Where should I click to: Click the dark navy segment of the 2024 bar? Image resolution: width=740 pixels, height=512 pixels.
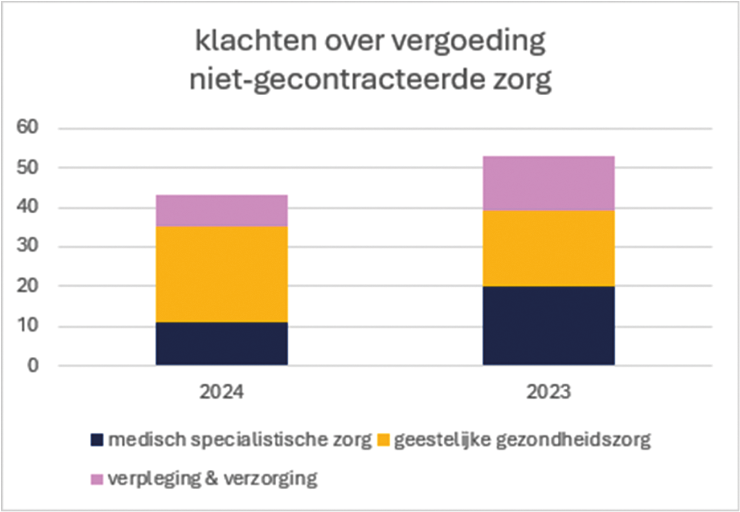(221, 343)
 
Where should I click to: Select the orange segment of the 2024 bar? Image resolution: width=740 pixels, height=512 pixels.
(221, 274)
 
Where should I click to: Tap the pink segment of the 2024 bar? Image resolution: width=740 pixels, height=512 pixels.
(221, 210)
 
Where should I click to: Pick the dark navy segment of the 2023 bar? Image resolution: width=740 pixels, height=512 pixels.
(548, 325)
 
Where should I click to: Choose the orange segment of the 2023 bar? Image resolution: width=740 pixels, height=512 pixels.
(548, 248)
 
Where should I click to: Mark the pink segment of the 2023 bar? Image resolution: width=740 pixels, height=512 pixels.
(548, 183)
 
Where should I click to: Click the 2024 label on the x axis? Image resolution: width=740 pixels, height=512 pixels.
(221, 392)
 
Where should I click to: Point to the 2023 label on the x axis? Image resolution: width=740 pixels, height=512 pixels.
(548, 392)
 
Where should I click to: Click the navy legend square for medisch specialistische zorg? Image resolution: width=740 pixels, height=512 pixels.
(97, 440)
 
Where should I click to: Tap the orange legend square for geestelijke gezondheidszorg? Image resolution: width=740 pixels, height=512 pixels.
(383, 440)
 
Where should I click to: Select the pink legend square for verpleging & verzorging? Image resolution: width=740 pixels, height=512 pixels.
(97, 479)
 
